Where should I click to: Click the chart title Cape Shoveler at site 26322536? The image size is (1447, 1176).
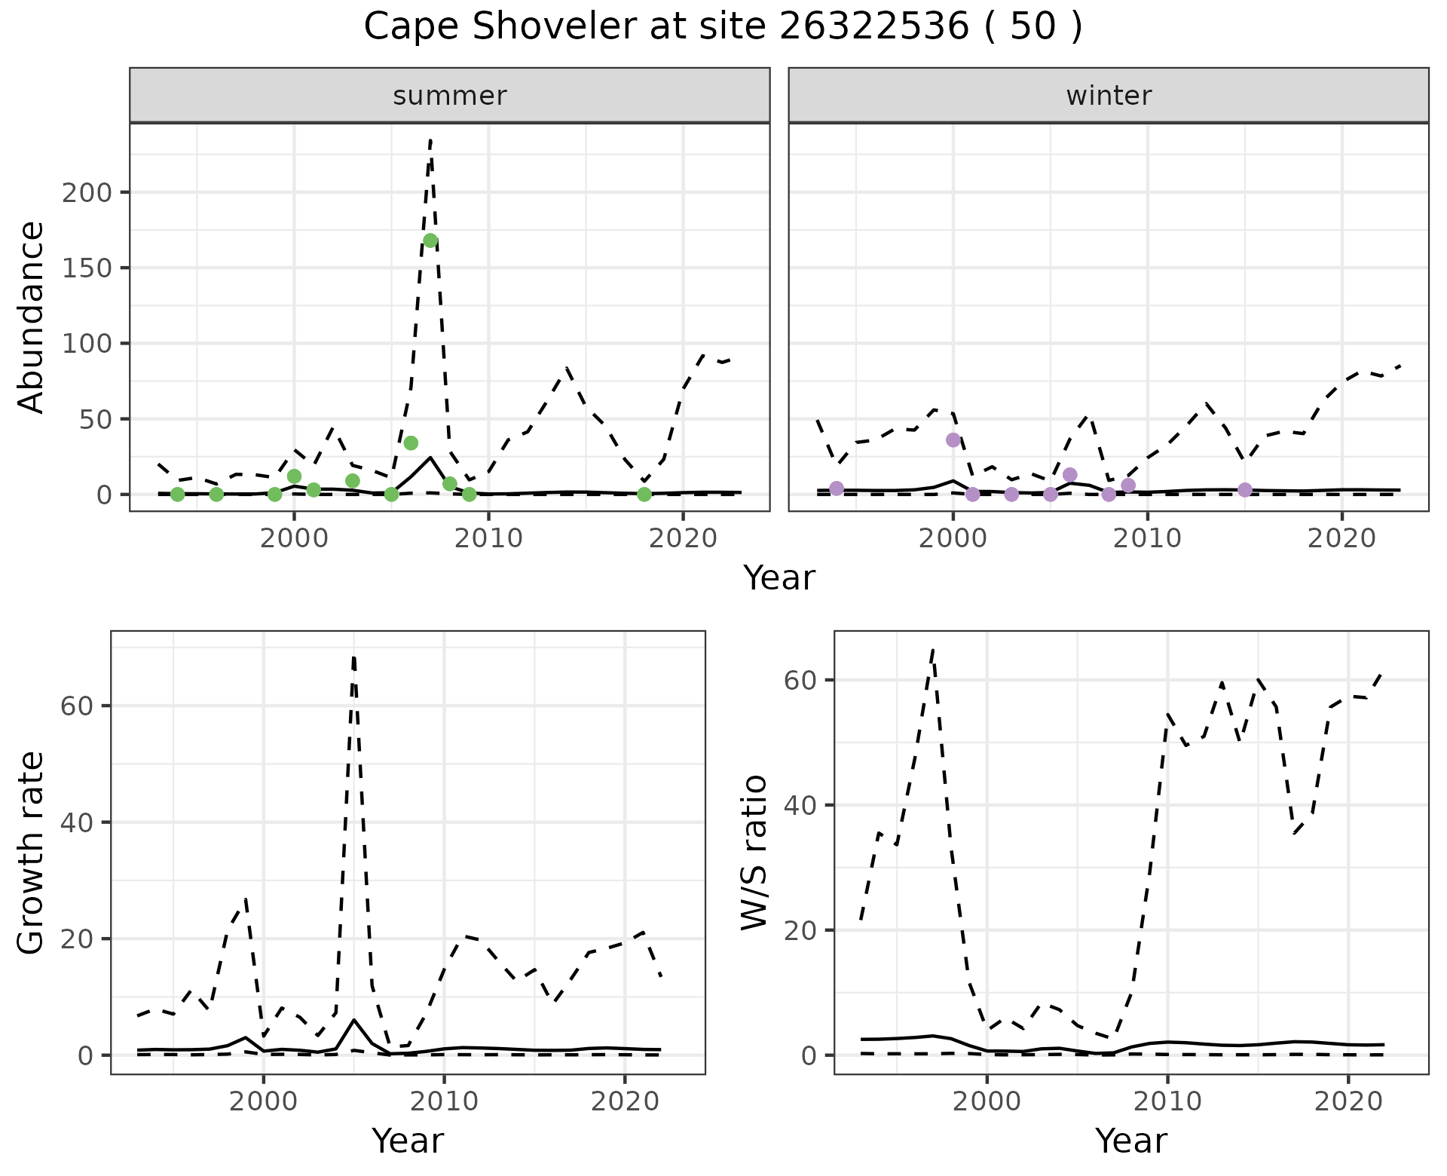[x=722, y=28]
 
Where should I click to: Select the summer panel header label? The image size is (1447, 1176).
[x=450, y=96]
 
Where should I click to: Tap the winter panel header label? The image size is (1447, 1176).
[x=1109, y=96]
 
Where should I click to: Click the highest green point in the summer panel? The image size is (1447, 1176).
[x=430, y=240]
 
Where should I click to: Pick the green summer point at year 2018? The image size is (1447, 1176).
[x=644, y=494]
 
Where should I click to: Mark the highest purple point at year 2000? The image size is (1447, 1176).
[x=953, y=439]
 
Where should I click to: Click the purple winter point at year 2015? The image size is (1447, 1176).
[x=1245, y=490]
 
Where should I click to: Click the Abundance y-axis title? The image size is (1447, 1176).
[x=32, y=317]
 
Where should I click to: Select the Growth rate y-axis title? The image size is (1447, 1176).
[x=32, y=853]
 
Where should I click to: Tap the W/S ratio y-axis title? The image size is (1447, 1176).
[x=754, y=853]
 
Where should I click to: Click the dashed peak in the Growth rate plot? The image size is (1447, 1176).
[x=353, y=656]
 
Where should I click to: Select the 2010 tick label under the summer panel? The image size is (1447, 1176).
[x=488, y=539]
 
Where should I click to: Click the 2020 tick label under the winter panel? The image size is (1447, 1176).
[x=1341, y=539]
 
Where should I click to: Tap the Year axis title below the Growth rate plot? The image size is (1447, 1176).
[x=408, y=1141]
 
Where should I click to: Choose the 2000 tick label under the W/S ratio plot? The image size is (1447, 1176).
[x=987, y=1101]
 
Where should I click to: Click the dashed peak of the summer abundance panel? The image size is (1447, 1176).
[x=430, y=139]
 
